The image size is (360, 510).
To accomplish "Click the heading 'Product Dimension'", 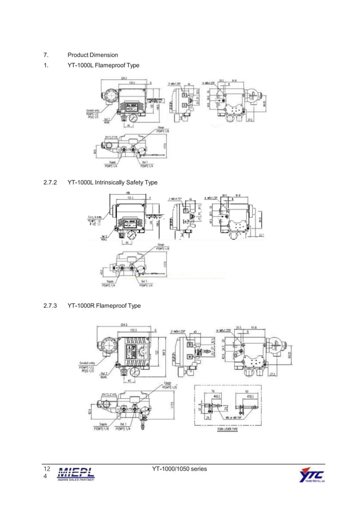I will tap(93, 55).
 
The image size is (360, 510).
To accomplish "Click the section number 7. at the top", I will tap(46, 55).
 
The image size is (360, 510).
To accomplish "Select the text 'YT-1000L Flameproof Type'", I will tap(103, 66).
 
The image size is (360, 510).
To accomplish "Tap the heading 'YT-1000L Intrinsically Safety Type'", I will tap(112, 182).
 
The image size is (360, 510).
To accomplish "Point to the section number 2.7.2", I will tap(51, 182).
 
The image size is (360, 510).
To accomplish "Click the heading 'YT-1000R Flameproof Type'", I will tap(104, 306).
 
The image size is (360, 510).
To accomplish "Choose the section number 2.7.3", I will tap(51, 306).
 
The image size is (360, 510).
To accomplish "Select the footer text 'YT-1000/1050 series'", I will tap(179, 469).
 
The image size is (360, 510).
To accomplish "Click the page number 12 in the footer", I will tap(47, 469).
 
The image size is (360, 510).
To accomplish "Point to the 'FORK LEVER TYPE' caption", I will tap(227, 429).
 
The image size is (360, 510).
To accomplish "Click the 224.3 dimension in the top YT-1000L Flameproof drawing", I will tap(123, 78).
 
